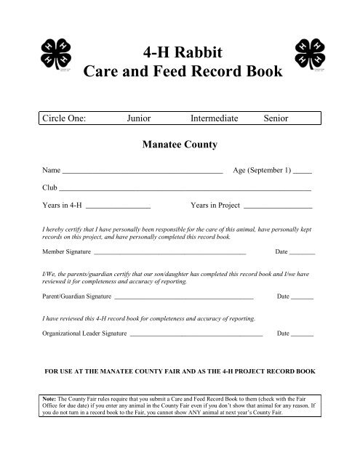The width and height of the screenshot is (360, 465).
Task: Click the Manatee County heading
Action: click(181, 145)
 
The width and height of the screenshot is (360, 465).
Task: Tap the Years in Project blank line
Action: click(276, 206)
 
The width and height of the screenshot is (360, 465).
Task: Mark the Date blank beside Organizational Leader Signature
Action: click(302, 336)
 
